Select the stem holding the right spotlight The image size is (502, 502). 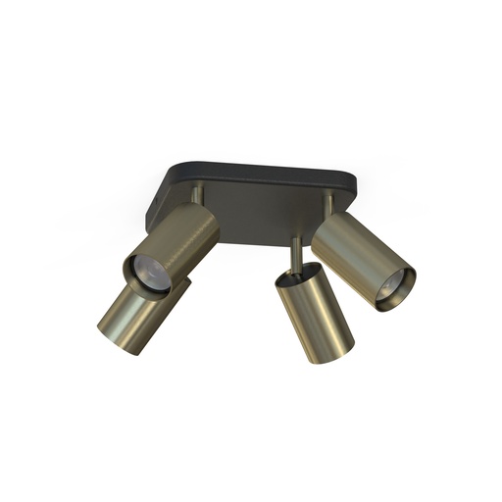click(329, 204)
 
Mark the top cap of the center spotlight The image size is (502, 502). click(295, 272)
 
